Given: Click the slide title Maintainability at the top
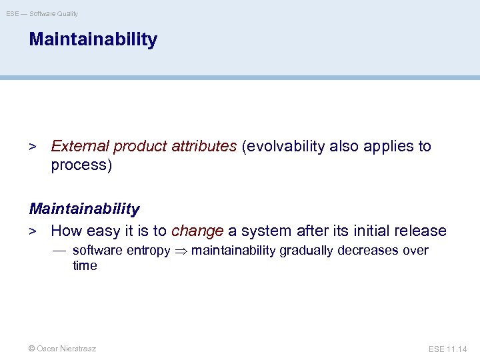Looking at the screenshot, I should tap(93, 39).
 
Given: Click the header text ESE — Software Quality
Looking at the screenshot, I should tap(42, 13).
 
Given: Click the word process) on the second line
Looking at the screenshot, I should tap(81, 165).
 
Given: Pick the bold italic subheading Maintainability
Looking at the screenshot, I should tap(85, 209).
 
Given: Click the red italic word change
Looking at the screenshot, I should tap(197, 231).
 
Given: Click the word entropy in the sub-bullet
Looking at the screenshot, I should tap(147, 251).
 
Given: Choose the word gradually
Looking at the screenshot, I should tap(307, 251).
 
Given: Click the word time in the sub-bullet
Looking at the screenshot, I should tap(85, 265).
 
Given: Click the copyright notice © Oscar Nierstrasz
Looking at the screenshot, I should tap(62, 349).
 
